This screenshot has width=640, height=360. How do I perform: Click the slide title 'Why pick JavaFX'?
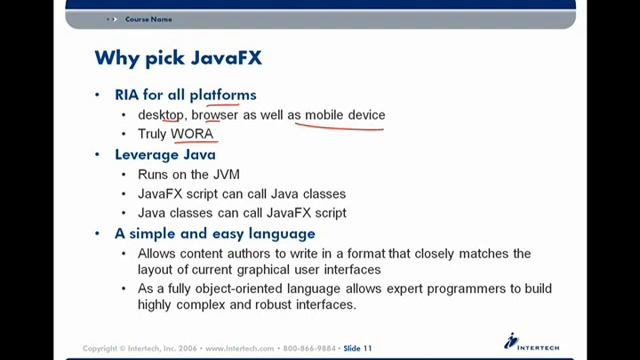(x=178, y=58)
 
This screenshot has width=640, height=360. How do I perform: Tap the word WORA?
(x=192, y=133)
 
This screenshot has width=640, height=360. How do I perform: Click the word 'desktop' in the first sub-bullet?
(x=161, y=115)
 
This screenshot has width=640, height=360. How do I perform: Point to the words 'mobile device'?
(x=345, y=115)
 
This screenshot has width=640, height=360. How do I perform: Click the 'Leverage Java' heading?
(x=165, y=155)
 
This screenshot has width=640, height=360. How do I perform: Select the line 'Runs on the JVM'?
(x=188, y=174)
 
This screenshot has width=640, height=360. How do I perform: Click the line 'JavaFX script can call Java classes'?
(x=242, y=193)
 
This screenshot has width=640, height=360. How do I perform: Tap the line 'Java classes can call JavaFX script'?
(x=242, y=212)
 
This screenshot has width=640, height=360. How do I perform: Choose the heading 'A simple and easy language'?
(x=215, y=233)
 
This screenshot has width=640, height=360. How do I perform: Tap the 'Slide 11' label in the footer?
(x=357, y=349)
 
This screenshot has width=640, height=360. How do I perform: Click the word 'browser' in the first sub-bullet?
(x=215, y=115)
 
